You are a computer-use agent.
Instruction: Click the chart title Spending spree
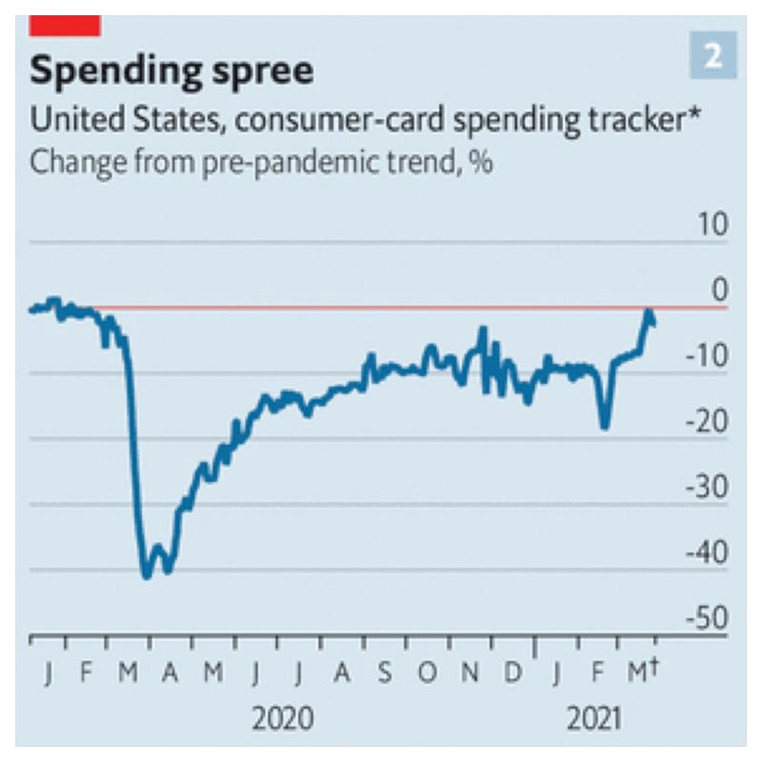pos(172,71)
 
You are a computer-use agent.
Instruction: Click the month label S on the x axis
pos(384,673)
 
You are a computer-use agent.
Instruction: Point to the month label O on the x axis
pos(428,673)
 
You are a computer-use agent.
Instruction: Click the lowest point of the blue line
pos(147,575)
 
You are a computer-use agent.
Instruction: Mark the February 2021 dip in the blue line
pos(604,426)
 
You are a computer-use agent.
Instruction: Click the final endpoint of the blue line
pos(652,323)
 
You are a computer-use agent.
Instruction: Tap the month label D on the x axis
pos(512,673)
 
